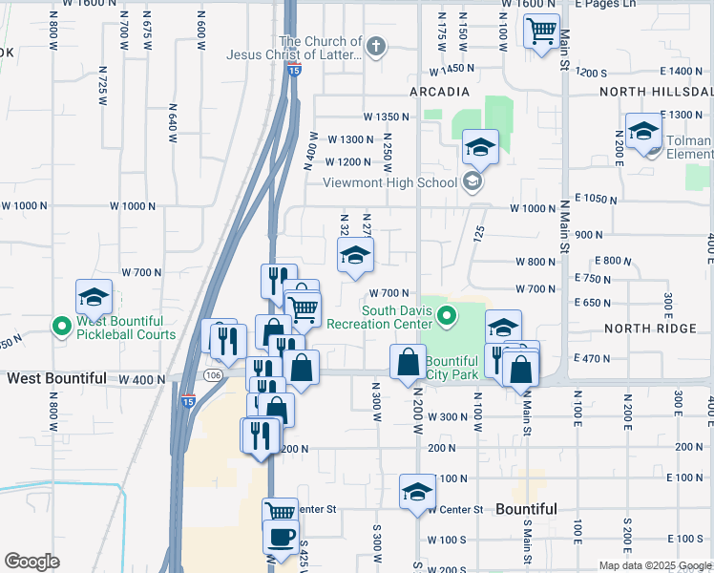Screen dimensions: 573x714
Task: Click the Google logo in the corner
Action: [x=31, y=562]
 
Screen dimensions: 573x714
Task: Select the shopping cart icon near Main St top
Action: [x=541, y=31]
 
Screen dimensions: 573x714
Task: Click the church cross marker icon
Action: [x=376, y=46]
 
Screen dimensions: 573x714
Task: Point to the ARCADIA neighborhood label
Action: [x=439, y=92]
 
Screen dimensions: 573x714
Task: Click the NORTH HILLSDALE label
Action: [x=656, y=92]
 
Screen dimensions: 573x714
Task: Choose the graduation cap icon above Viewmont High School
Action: [x=480, y=147]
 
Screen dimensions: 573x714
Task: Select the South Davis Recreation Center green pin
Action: [x=445, y=315]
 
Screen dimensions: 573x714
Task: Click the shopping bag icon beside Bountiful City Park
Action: [x=409, y=362]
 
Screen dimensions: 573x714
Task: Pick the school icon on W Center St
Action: [x=417, y=492]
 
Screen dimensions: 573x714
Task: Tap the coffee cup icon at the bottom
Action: [x=281, y=537]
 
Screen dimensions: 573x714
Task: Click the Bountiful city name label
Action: [x=526, y=509]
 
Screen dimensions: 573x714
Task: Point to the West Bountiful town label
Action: [x=56, y=378]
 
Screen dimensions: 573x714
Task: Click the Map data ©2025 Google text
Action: [x=654, y=565]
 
